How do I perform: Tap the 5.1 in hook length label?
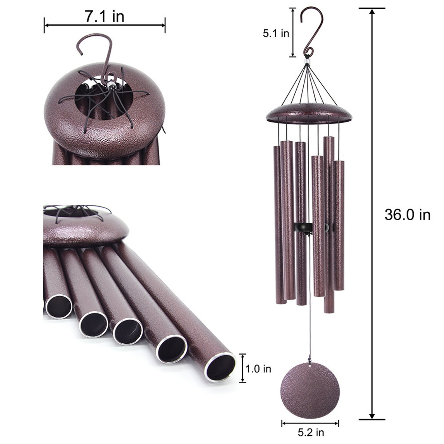276,34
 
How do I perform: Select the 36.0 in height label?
407,215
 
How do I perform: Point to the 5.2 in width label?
311,433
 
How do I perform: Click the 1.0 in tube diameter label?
258,369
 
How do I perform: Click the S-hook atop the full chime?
311,31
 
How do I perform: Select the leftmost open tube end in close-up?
59,307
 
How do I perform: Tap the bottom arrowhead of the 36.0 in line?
372,416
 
